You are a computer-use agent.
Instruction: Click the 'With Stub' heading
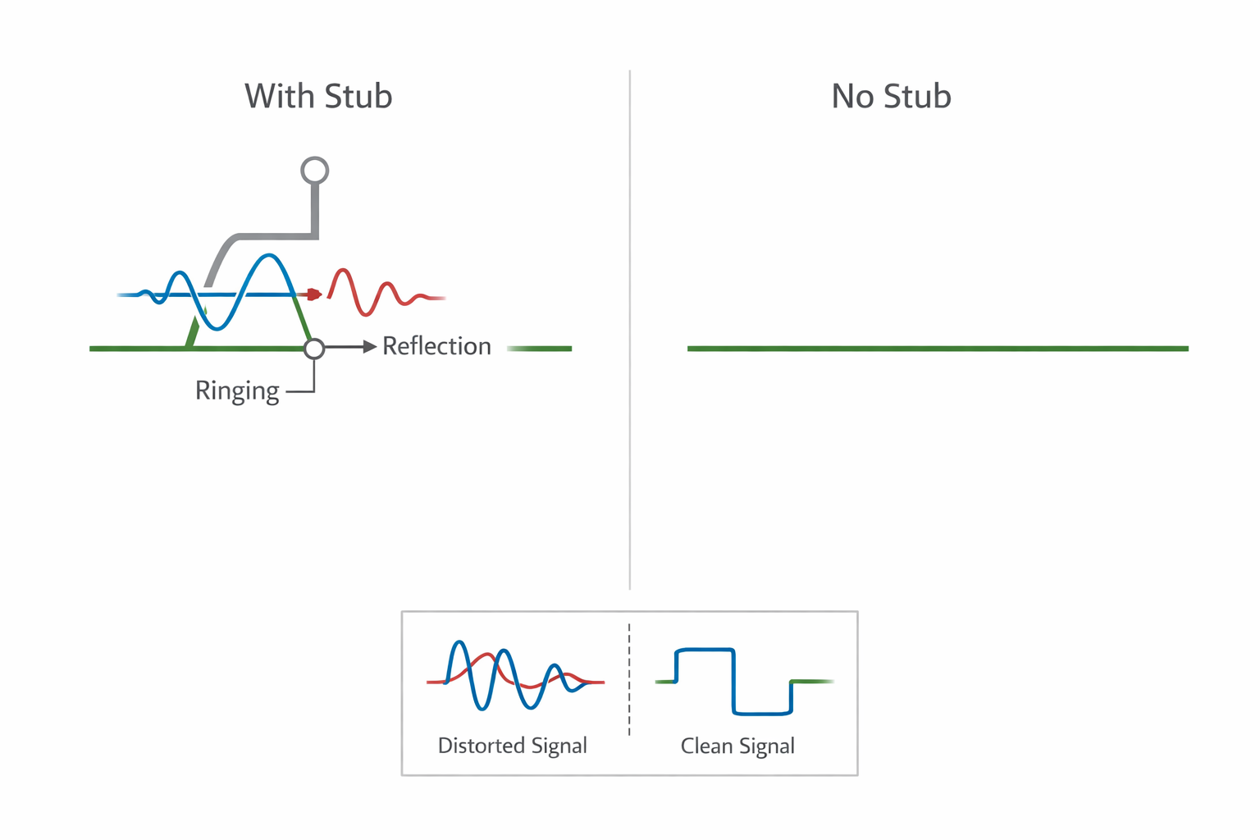click(318, 97)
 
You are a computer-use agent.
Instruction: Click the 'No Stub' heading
click(891, 97)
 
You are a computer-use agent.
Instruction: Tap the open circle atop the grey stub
click(315, 171)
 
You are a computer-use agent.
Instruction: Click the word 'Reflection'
click(436, 346)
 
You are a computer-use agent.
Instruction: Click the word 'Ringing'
click(237, 390)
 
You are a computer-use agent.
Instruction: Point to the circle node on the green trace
click(314, 349)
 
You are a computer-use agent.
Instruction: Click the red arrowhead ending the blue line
click(314, 294)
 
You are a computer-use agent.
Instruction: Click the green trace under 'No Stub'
click(938, 349)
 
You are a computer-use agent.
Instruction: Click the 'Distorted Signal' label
click(512, 746)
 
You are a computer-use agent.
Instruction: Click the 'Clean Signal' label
click(737, 746)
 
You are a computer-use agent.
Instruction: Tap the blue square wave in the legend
click(734, 681)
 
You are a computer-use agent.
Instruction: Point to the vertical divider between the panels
click(630, 328)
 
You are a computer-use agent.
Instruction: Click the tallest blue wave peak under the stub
click(268, 257)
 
